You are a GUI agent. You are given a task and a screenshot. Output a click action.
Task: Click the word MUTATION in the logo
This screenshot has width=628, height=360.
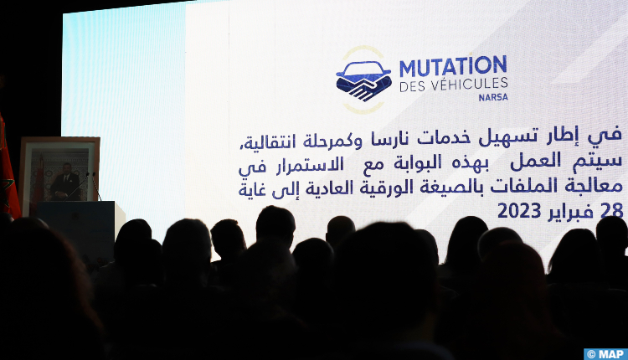pyautogui.click(x=453, y=66)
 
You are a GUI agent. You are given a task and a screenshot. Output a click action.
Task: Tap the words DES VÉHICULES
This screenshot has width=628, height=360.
pyautogui.click(x=453, y=85)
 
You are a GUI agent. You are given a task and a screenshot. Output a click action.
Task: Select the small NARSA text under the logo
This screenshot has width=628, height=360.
pyautogui.click(x=493, y=97)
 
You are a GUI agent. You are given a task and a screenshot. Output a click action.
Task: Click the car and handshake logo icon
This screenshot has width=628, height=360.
pyautogui.click(x=363, y=80)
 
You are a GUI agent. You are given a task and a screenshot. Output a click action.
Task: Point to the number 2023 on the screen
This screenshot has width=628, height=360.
pyautogui.click(x=519, y=211)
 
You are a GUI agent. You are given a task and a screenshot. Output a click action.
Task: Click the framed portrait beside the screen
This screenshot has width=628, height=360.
pyautogui.click(x=59, y=175)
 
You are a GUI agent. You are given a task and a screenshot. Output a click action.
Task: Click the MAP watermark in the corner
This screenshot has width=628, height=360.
pyautogui.click(x=605, y=354)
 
